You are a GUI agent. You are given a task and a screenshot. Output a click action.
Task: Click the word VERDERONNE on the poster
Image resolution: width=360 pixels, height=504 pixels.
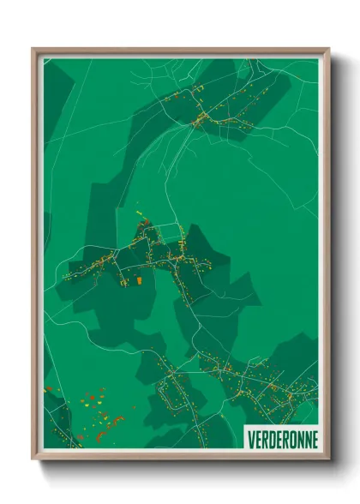point(281,436)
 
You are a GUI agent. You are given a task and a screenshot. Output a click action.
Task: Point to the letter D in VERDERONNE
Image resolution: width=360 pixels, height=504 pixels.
point(266,436)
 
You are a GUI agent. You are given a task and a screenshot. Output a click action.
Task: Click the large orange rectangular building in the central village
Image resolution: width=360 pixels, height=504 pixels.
point(136,279)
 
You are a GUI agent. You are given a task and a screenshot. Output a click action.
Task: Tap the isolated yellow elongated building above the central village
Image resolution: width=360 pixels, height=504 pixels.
point(139,208)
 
